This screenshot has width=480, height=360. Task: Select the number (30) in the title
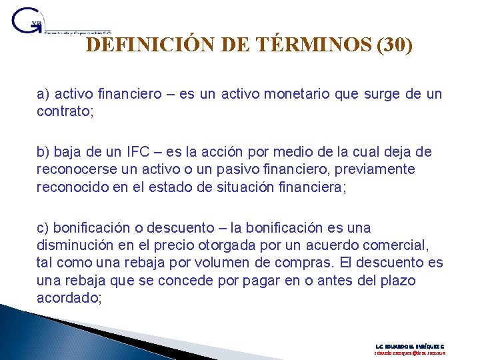point(395,45)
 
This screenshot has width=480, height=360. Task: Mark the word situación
point(239,186)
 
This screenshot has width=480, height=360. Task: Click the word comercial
point(400,246)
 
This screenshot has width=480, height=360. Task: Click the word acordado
point(68,297)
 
